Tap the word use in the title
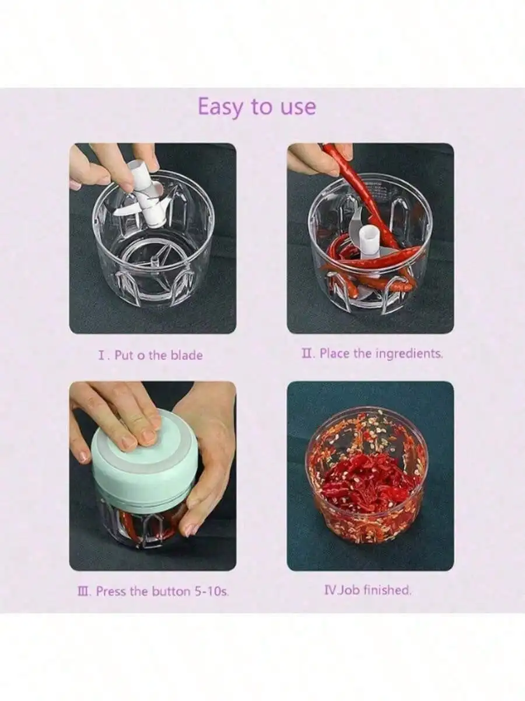298,107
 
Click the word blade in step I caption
187,355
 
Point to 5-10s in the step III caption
212,591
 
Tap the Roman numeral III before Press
85,591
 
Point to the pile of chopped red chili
366,484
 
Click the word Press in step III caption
111,591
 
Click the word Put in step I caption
124,355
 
